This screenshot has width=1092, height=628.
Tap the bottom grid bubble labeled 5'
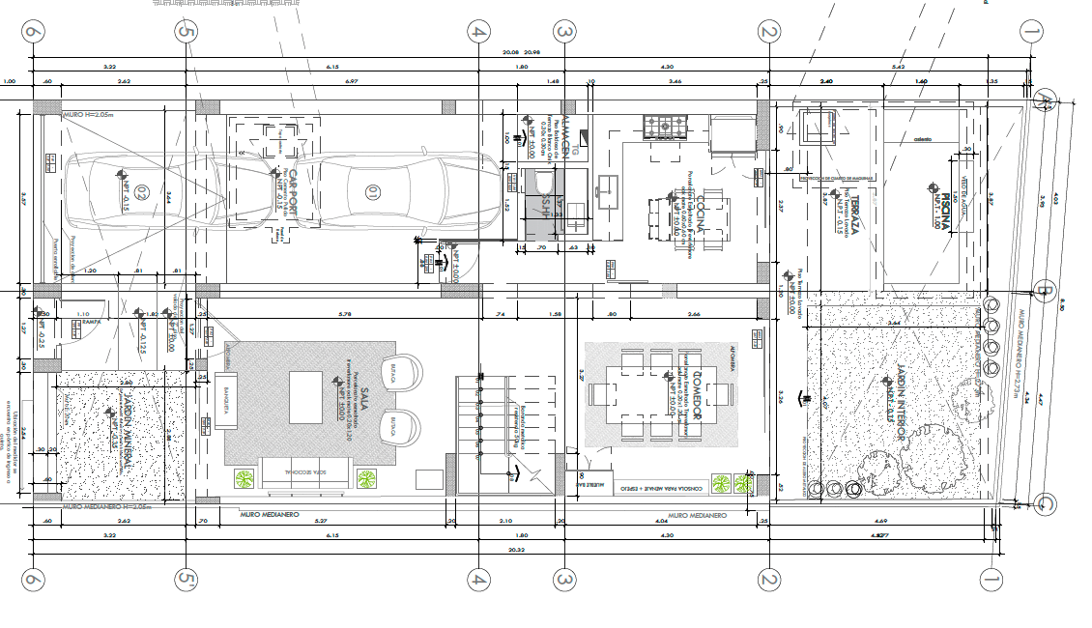[187, 580]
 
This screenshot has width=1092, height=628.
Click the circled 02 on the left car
[141, 191]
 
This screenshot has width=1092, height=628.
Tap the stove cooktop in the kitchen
[666, 126]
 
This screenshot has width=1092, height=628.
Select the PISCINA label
[934, 205]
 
